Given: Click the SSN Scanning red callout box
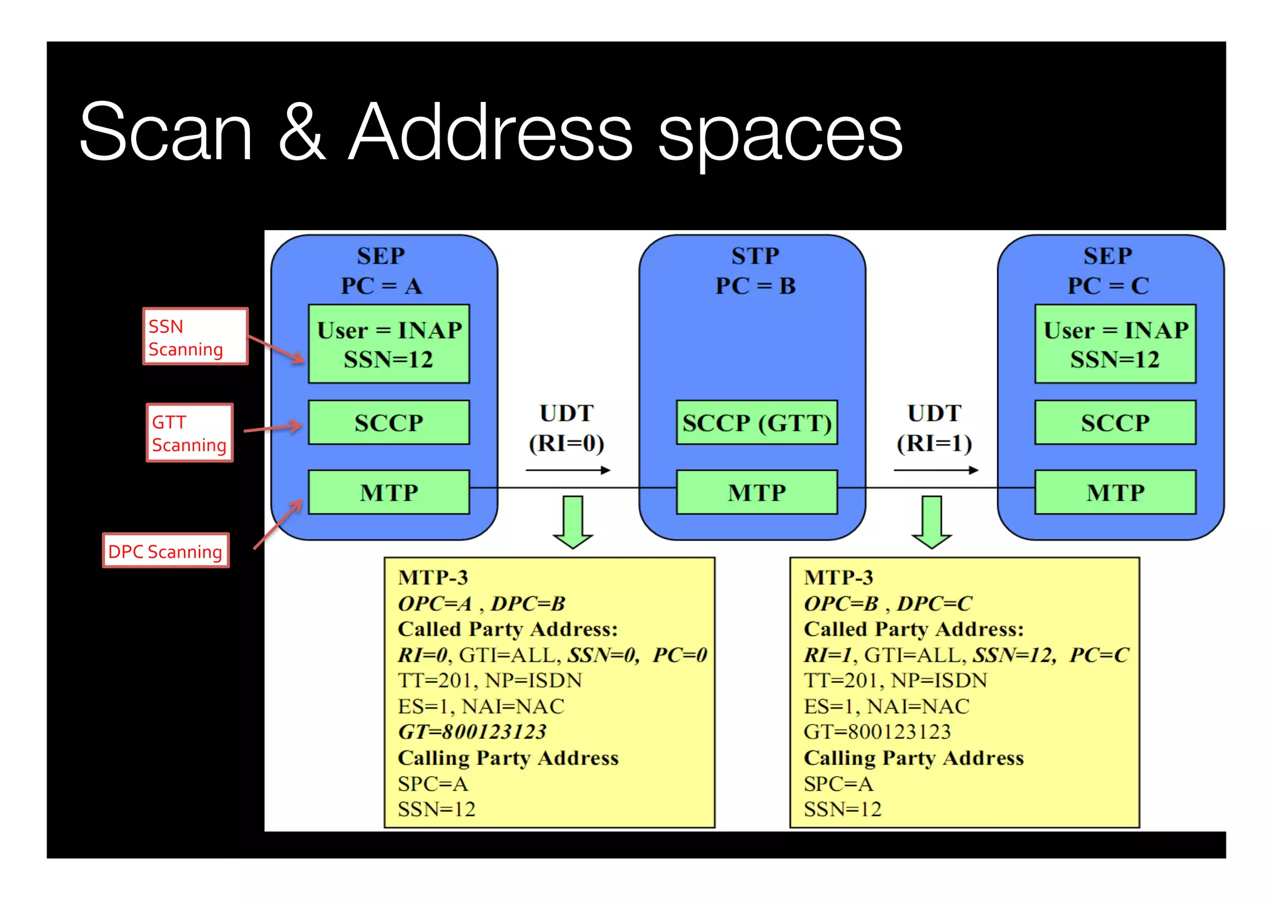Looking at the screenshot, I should (195, 336).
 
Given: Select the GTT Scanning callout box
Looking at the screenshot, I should (190, 433).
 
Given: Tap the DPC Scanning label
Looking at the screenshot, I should (166, 551).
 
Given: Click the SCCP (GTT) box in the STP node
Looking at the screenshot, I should (756, 423).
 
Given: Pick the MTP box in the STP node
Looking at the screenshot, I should (756, 493).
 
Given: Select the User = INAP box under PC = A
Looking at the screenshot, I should (389, 344).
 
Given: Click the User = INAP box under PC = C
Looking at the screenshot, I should (1115, 344).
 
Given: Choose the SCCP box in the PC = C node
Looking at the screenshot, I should (1115, 423).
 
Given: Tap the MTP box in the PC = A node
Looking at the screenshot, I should (389, 493).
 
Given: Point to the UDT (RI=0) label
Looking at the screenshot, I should (566, 428).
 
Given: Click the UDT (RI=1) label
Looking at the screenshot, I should (934, 428).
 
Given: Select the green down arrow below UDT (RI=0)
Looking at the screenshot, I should (572, 521).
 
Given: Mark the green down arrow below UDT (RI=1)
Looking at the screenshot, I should (931, 521).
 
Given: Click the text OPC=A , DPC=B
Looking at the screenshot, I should (481, 603).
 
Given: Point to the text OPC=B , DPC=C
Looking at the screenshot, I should (887, 603).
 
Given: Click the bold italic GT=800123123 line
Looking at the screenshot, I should (472, 731).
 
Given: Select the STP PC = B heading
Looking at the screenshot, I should (755, 271).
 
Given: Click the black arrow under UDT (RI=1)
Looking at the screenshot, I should (936, 470).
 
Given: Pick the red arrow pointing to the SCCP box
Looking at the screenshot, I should (273, 428).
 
